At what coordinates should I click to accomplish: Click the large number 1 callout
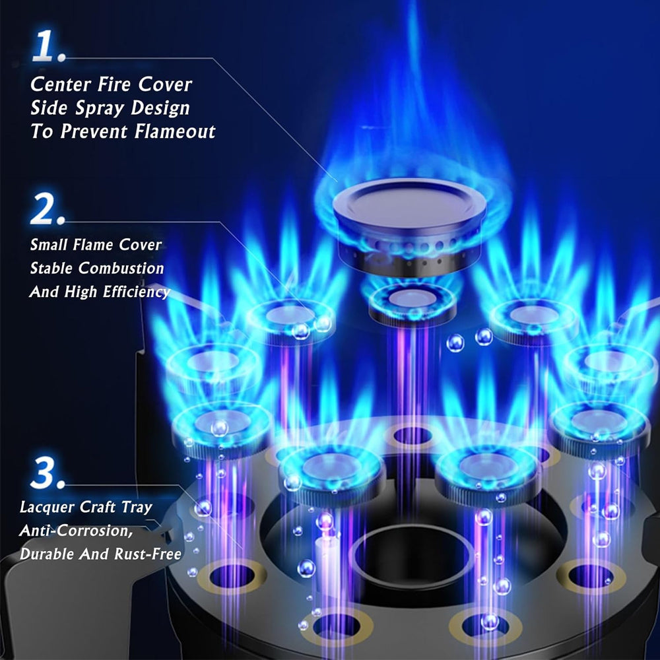click(x=48, y=44)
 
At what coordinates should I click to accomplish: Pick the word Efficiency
click(x=135, y=292)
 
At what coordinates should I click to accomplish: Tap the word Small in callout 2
click(x=48, y=245)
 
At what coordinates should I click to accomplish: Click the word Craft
click(x=95, y=508)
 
